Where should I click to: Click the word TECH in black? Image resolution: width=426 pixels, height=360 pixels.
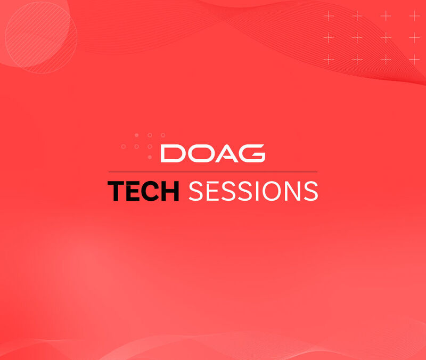click(x=143, y=191)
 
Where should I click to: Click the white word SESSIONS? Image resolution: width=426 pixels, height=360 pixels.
click(x=253, y=191)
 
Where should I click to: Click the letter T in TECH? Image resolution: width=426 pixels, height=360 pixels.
click(x=116, y=191)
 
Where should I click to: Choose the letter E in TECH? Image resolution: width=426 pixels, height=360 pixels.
click(x=133, y=191)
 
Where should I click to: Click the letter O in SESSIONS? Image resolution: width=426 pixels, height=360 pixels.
click(x=272, y=191)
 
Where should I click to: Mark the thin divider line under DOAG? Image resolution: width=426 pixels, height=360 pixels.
click(x=212, y=172)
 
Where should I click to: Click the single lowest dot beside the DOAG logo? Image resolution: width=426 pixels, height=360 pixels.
click(x=150, y=157)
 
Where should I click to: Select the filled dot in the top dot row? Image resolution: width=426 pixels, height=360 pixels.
click(x=137, y=135)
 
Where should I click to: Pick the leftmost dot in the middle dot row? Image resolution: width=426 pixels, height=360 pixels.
click(x=124, y=146)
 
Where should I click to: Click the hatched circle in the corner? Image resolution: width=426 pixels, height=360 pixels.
click(x=41, y=37)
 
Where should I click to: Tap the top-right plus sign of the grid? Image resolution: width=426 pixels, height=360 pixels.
click(x=414, y=16)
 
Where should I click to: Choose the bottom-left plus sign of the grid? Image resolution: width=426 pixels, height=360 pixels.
click(x=329, y=59)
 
